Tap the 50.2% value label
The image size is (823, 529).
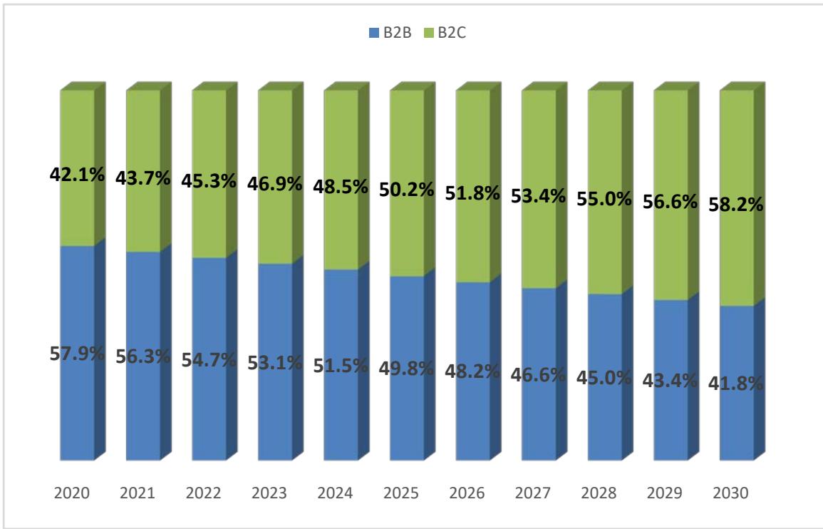406,190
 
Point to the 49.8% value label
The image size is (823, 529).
406,369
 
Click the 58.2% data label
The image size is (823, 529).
736,204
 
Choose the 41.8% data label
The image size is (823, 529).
736,383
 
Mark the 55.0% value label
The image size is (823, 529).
604,199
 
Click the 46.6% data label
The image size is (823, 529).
538,374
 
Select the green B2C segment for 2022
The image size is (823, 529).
209,143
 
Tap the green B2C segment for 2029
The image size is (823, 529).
671,143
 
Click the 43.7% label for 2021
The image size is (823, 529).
143,179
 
